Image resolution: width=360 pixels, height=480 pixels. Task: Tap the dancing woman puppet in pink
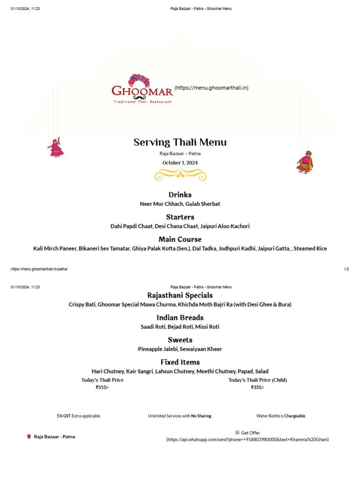pos(55,147)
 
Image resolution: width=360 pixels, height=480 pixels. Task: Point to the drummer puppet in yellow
pos(304,162)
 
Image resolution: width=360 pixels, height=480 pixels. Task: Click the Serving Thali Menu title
pos(180,142)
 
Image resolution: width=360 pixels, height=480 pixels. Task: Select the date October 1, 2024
pos(180,163)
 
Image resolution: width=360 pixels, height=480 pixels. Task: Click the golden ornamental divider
pos(180,175)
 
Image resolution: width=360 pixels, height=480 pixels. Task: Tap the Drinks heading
pos(180,195)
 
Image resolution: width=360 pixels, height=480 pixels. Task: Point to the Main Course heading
pos(180,239)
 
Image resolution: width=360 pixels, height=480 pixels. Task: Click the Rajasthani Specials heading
pos(180,295)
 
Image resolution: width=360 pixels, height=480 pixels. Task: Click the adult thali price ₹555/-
pos(102,388)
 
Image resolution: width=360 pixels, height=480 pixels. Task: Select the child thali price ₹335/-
pos(257,388)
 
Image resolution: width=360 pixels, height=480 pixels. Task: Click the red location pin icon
pos(29,436)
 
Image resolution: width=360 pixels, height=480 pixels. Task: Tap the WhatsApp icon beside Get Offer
pos(237,433)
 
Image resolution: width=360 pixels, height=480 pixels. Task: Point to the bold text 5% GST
pos(64,416)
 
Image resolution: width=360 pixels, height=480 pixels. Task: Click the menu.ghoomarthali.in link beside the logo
pos(211,88)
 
